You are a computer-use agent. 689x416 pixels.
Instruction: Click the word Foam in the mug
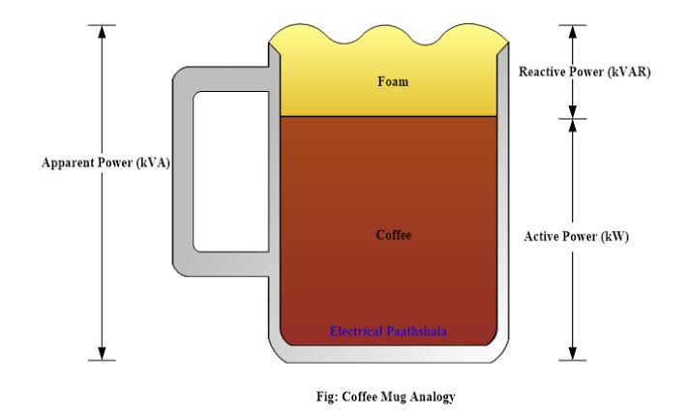pyautogui.click(x=393, y=81)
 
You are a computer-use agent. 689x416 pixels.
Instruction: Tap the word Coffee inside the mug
pyautogui.click(x=393, y=235)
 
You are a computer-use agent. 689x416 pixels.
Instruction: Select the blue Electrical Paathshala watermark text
pyautogui.click(x=388, y=331)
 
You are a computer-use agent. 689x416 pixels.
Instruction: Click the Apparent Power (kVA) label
pyautogui.click(x=105, y=163)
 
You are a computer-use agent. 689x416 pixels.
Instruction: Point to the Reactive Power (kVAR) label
pyautogui.click(x=584, y=72)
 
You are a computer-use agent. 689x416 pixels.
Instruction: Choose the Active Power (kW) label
pyautogui.click(x=576, y=237)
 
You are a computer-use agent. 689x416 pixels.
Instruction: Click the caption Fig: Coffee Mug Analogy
pyautogui.click(x=386, y=397)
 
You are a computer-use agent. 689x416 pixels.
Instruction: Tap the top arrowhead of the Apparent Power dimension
pyautogui.click(x=102, y=32)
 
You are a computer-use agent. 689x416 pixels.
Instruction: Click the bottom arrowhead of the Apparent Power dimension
pyautogui.click(x=102, y=354)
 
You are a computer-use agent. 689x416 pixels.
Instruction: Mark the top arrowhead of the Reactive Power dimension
pyautogui.click(x=572, y=32)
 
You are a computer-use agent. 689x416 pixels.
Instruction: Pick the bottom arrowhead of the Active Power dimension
pyautogui.click(x=572, y=354)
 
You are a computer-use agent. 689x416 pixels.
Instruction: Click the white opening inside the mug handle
pyautogui.click(x=230, y=172)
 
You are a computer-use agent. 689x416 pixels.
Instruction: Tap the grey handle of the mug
pyautogui.click(x=182, y=171)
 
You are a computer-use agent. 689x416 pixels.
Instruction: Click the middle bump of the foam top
pyautogui.click(x=389, y=34)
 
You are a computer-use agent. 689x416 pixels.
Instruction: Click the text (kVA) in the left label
pyautogui.click(x=153, y=163)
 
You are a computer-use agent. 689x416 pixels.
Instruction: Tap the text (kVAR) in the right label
pyautogui.click(x=629, y=72)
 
